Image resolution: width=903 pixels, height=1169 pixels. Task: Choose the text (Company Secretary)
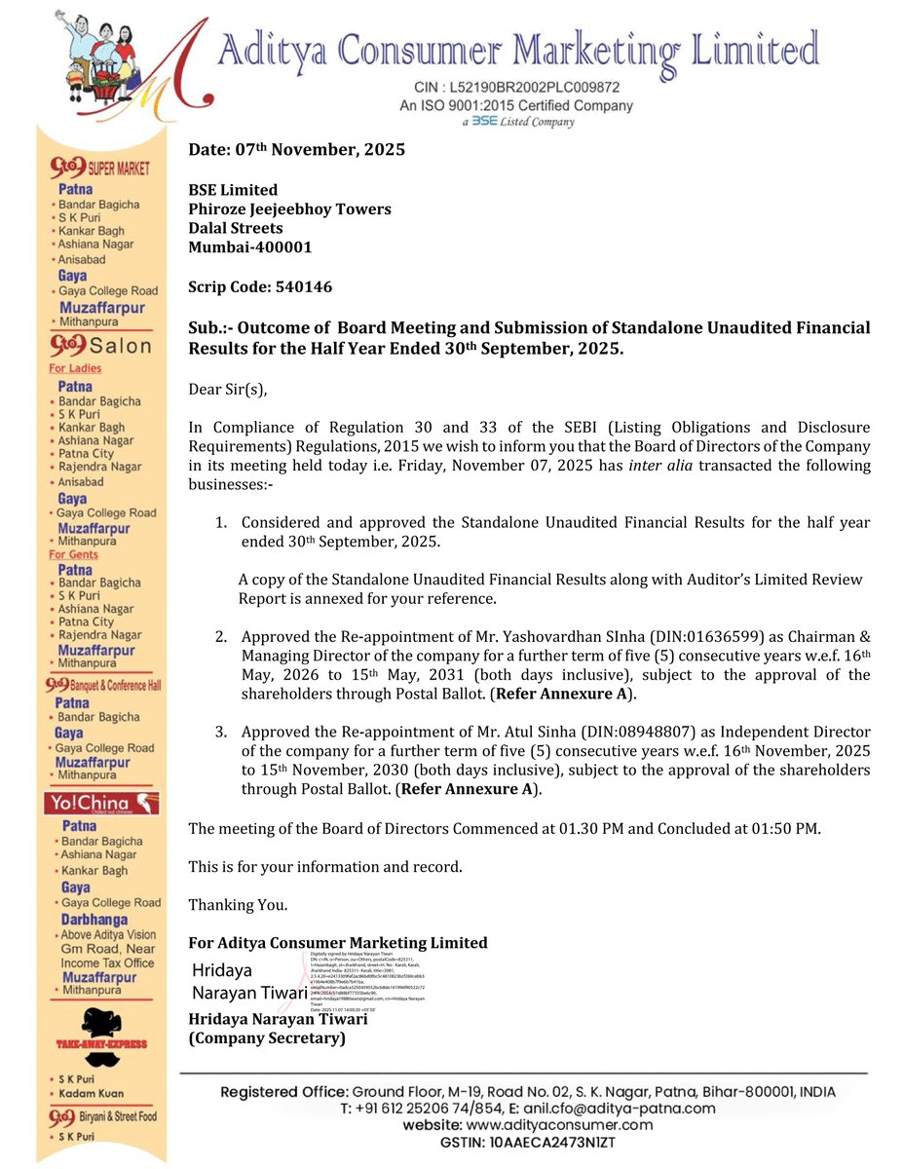point(267,1038)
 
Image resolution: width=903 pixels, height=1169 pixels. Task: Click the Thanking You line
point(238,905)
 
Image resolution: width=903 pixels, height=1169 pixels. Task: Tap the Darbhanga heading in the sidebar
point(94,920)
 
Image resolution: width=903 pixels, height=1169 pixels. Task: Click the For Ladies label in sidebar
point(75,368)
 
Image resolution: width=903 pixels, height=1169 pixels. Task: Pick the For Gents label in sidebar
point(74,554)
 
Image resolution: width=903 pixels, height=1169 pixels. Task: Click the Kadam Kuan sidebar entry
point(94,1093)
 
